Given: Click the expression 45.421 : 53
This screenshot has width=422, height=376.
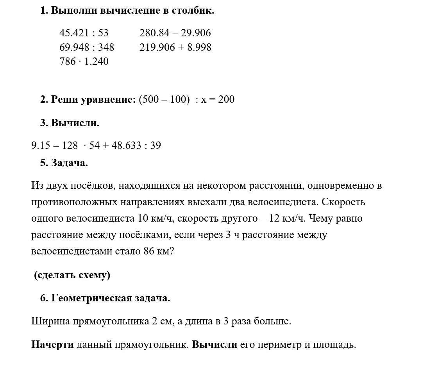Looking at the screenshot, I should [84, 33].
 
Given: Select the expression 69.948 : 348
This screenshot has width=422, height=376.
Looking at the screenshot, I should [87, 47].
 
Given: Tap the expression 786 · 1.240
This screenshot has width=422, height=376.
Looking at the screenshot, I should [84, 61].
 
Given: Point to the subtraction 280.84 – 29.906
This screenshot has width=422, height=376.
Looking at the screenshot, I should [175, 33].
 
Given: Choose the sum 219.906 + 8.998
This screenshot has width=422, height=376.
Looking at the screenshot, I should [175, 47].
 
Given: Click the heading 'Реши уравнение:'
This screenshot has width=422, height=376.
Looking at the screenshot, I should [93, 99].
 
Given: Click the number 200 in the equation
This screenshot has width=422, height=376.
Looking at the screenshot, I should [226, 99].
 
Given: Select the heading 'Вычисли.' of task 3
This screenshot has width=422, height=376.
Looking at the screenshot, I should [75, 123].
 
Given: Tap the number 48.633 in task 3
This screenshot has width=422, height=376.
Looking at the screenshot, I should [126, 145].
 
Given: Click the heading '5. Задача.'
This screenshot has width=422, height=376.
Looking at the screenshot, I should [64, 163].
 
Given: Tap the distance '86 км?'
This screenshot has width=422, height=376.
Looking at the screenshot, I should [159, 251].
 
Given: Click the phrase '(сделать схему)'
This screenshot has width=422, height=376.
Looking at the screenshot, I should [72, 275].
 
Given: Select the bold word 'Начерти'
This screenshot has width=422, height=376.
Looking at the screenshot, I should [52, 345].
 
